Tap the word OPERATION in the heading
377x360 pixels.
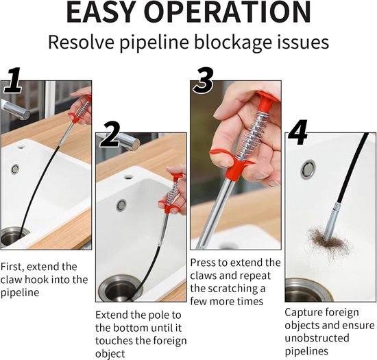pos(228,12)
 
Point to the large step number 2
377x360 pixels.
pos(110,134)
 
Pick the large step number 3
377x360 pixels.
pos(204,80)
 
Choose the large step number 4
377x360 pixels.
pos(297,132)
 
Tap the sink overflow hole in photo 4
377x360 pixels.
pos(308,169)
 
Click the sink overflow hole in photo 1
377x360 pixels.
pos(15,169)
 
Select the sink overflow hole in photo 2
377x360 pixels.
pos(121,205)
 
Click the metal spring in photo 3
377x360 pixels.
pos(253,134)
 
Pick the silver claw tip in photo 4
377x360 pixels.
pos(330,221)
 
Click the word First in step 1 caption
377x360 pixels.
pos(12,267)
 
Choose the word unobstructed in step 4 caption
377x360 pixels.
pos(317,338)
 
